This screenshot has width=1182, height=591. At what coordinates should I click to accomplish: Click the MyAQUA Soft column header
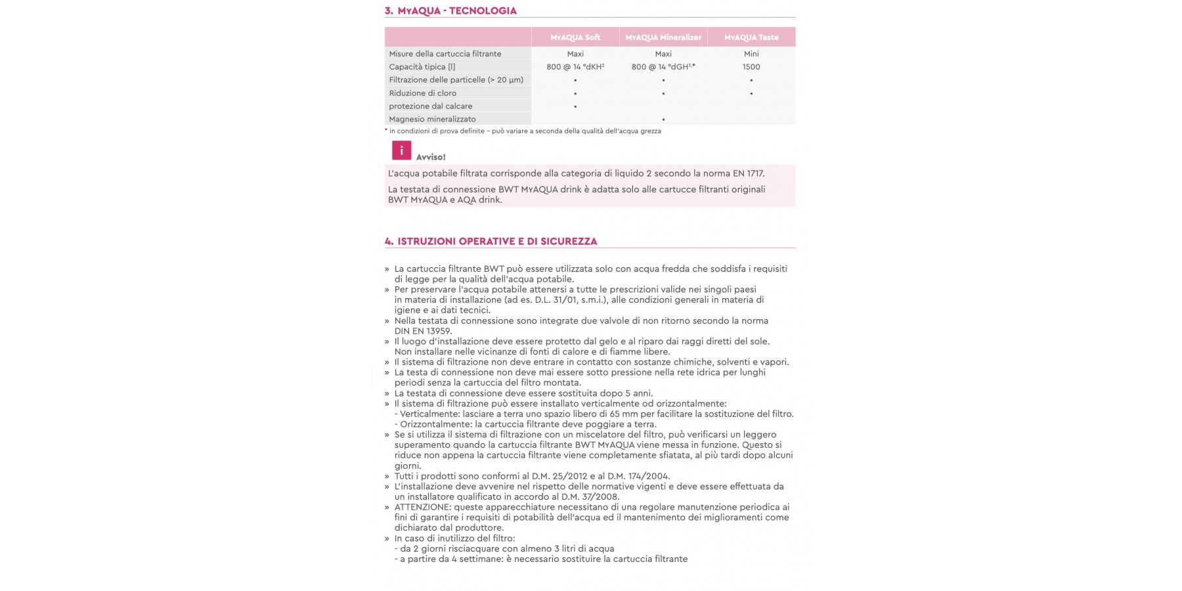point(575,37)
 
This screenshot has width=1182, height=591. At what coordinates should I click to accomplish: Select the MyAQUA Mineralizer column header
point(663,37)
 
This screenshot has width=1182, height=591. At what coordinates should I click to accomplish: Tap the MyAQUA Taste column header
point(751,37)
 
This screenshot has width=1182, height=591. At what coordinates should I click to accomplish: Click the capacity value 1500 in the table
point(751,67)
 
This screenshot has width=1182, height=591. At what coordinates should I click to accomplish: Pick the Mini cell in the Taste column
point(751,54)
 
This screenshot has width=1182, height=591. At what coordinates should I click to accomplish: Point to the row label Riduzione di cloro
point(422,93)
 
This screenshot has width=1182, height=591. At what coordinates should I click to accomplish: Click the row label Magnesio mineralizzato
point(432,120)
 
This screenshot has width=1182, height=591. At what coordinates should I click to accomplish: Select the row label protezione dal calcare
point(430,106)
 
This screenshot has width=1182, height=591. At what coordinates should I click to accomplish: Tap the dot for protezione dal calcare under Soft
point(575,106)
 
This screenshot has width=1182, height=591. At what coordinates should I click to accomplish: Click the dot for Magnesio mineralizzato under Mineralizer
point(663,120)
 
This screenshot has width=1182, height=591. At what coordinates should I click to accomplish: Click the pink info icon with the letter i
point(401,150)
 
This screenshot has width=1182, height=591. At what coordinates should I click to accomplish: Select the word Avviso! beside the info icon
point(431,158)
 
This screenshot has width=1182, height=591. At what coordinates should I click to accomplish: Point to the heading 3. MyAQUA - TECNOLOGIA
point(450,11)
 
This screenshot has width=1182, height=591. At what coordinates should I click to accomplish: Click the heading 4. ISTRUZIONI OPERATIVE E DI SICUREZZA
point(491,242)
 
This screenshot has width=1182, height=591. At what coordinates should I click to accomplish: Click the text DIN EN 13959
point(423,332)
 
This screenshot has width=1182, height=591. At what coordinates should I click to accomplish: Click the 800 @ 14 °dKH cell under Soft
point(575,67)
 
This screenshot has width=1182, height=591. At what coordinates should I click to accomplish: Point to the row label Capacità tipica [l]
point(422,67)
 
